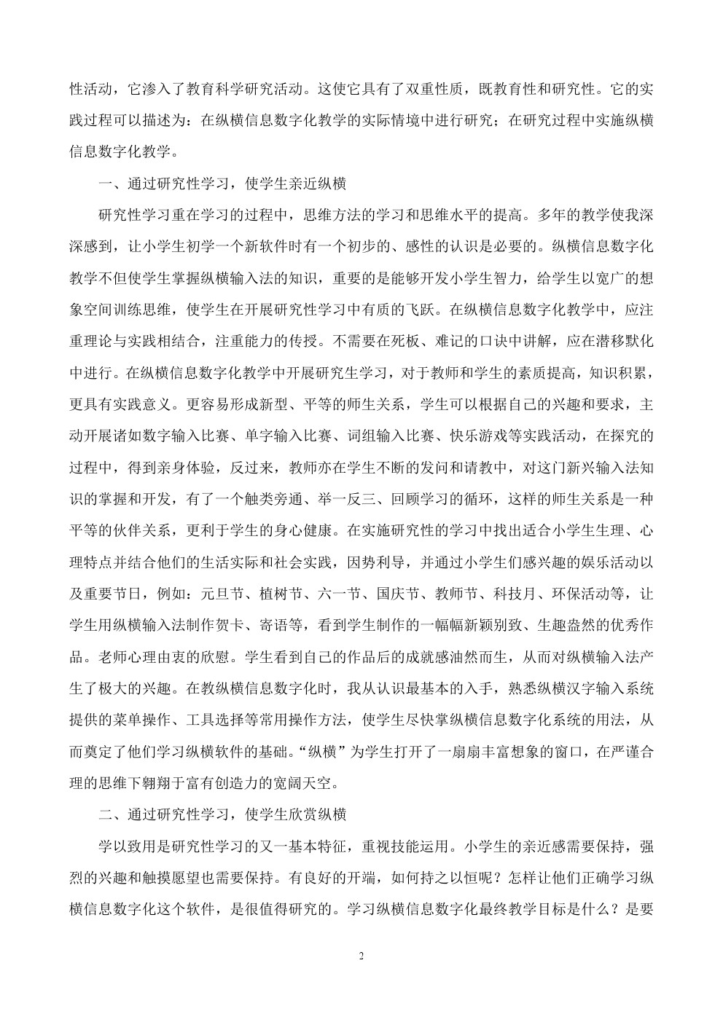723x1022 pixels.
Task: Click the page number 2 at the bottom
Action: click(361, 956)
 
